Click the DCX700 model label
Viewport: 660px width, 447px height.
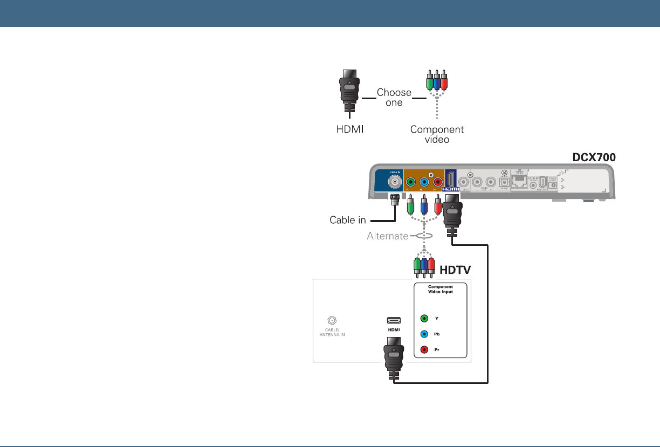pyautogui.click(x=593, y=156)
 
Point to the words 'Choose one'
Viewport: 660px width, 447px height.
pyautogui.click(x=394, y=97)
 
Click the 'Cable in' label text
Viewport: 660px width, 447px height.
pyautogui.click(x=348, y=220)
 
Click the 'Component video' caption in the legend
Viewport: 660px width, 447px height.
pyautogui.click(x=437, y=134)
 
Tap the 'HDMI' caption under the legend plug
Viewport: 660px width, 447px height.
pyautogui.click(x=349, y=129)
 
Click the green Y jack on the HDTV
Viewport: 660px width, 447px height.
pyautogui.click(x=424, y=318)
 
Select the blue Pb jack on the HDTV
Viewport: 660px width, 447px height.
pyautogui.click(x=424, y=334)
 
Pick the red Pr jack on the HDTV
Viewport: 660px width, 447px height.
pyautogui.click(x=424, y=349)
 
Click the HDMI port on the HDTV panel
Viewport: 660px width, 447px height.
pyautogui.click(x=393, y=319)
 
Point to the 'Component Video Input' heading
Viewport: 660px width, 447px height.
pyautogui.click(x=440, y=289)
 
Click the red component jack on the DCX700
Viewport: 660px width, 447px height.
pyautogui.click(x=438, y=182)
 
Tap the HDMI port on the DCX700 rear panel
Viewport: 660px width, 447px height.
pyautogui.click(x=450, y=179)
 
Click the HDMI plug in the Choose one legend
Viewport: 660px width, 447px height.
pyautogui.click(x=349, y=91)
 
